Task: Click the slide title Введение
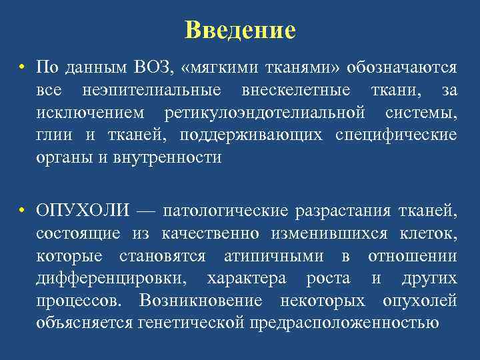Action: (x=240, y=29)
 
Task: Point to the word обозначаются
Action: (x=400, y=67)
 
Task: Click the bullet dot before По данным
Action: (x=22, y=67)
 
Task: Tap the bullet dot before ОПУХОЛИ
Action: (x=22, y=211)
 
